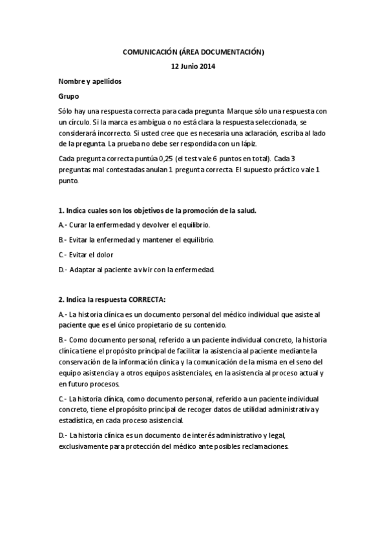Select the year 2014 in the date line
pyautogui.click(x=208, y=66)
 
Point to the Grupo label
pyautogui.click(x=68, y=96)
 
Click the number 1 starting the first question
pyautogui.click(x=60, y=211)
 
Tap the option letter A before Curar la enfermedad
pyautogui.click(x=61, y=225)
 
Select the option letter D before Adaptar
pyautogui.click(x=61, y=269)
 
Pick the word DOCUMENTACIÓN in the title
pyautogui.click(x=229, y=52)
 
